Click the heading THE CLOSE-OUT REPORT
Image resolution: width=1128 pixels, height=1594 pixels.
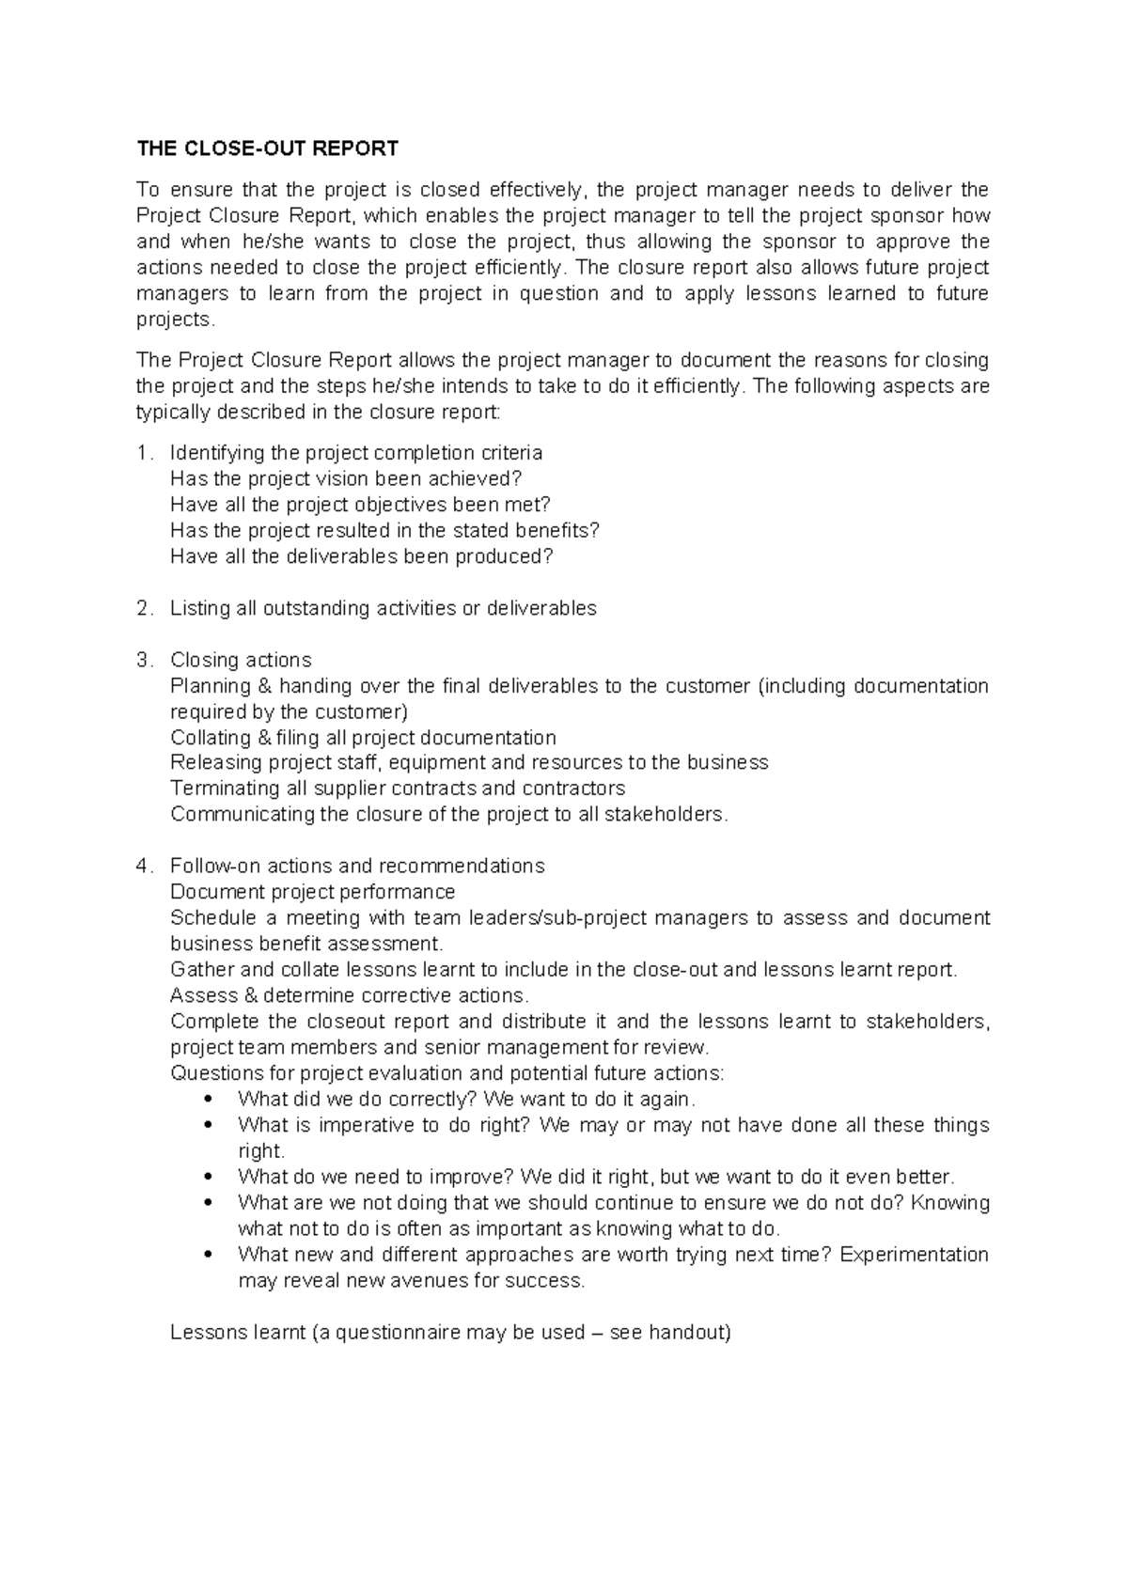point(267,148)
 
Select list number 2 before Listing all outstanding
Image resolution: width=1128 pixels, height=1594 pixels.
point(142,609)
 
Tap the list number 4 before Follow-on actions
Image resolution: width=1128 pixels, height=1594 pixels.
point(142,867)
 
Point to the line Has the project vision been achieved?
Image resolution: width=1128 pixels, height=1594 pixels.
point(345,479)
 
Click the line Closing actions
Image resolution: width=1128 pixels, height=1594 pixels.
point(241,661)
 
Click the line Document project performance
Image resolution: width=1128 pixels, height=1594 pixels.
point(312,892)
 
